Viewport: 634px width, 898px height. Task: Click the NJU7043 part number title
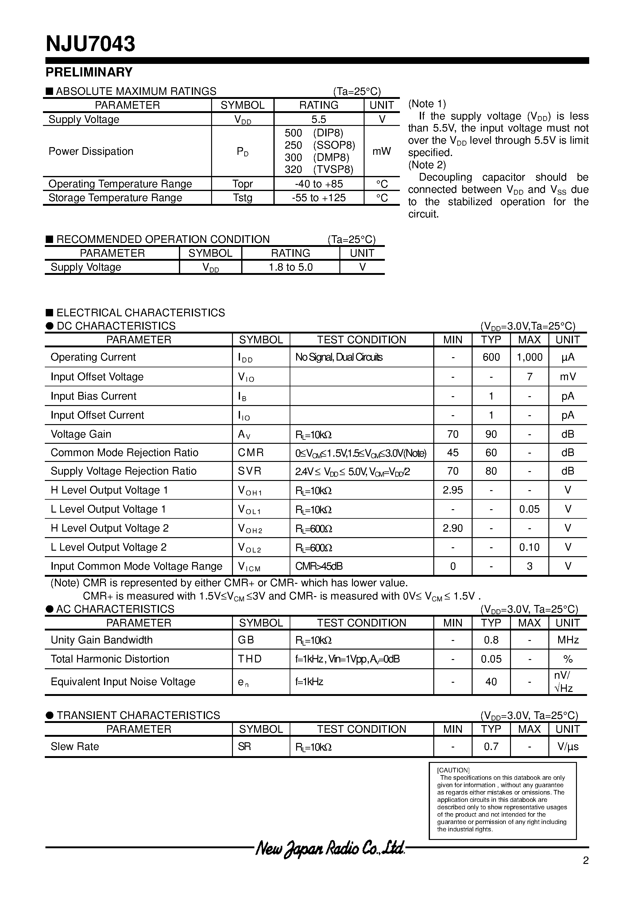(90, 44)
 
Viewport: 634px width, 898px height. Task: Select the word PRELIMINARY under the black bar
(89, 72)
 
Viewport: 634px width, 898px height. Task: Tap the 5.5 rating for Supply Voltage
(319, 119)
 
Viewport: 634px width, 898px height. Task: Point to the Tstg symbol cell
(242, 198)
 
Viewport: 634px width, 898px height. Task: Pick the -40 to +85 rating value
(319, 184)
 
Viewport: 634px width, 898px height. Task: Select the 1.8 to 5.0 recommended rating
(290, 267)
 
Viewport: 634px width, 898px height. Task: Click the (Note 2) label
(427, 165)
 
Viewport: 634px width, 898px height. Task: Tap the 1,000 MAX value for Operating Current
(529, 357)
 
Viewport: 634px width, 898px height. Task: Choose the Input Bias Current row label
(93, 396)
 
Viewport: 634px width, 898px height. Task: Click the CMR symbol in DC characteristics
(250, 452)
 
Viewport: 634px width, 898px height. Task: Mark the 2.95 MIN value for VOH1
(453, 490)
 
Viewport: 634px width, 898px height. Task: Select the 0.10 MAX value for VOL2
(529, 547)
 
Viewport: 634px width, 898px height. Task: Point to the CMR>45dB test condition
(319, 566)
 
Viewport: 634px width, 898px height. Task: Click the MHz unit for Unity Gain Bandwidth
(567, 640)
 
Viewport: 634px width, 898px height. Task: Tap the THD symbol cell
(249, 659)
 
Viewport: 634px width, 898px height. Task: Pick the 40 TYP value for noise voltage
(491, 682)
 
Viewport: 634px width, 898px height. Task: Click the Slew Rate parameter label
(75, 747)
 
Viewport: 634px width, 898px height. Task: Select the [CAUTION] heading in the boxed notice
(453, 770)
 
